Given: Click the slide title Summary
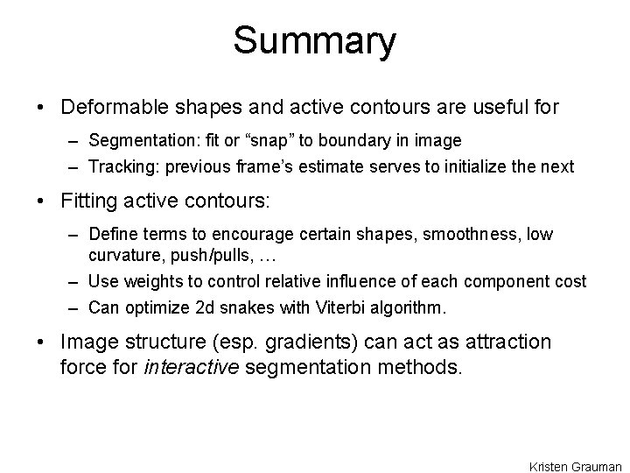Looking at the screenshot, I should coord(315,40).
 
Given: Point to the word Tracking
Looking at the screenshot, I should coord(119,166).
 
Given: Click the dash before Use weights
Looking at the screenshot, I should coord(73,282).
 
